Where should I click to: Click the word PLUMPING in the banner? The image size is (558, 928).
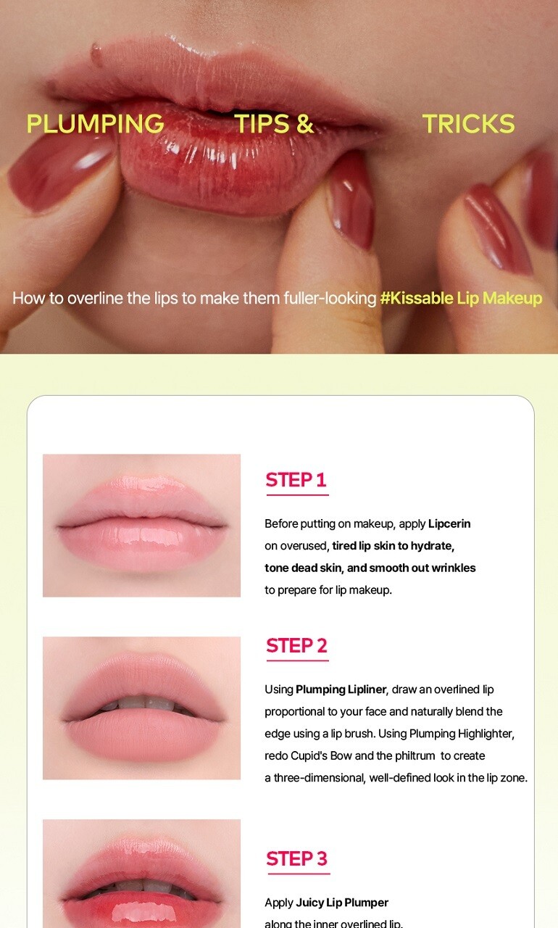tap(95, 123)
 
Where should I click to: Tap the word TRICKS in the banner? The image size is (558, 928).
tap(468, 123)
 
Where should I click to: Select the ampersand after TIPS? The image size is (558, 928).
tap(305, 123)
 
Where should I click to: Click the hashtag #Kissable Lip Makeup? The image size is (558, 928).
tap(461, 298)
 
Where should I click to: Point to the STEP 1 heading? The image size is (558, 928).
tap(296, 480)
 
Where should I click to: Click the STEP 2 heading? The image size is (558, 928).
tap(297, 646)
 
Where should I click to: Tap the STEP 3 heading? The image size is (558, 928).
tap(297, 859)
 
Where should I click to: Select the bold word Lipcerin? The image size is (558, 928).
tap(449, 523)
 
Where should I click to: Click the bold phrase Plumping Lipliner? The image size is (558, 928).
tap(341, 689)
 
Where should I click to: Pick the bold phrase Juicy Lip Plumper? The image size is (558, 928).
tap(342, 903)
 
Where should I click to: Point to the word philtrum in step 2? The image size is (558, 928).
tap(415, 756)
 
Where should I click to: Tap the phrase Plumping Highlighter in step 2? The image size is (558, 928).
tap(461, 734)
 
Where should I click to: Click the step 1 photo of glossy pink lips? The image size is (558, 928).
tap(141, 526)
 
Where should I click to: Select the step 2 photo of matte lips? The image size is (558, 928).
tap(141, 708)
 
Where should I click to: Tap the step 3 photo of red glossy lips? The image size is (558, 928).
tap(141, 874)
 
